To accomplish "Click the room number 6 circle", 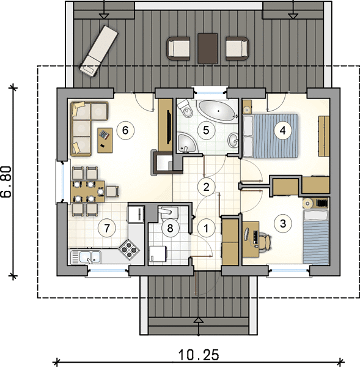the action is (x=125, y=130).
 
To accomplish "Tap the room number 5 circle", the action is (x=206, y=130).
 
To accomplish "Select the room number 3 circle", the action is (x=283, y=223).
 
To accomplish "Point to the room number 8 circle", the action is (x=170, y=228).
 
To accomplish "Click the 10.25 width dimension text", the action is (x=199, y=355).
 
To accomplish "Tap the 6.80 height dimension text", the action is (x=6, y=182).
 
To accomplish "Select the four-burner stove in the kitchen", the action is (x=129, y=250).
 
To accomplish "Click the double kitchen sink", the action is (x=86, y=257).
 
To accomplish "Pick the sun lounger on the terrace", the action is (x=98, y=51).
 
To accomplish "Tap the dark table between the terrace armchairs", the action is (x=208, y=48).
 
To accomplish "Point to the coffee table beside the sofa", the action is (x=105, y=141).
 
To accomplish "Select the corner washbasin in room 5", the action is (x=186, y=143).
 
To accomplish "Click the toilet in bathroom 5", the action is (x=185, y=109).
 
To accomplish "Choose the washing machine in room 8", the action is (x=158, y=254).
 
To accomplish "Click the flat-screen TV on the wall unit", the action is (x=169, y=127).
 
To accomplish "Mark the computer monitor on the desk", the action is (x=246, y=234).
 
